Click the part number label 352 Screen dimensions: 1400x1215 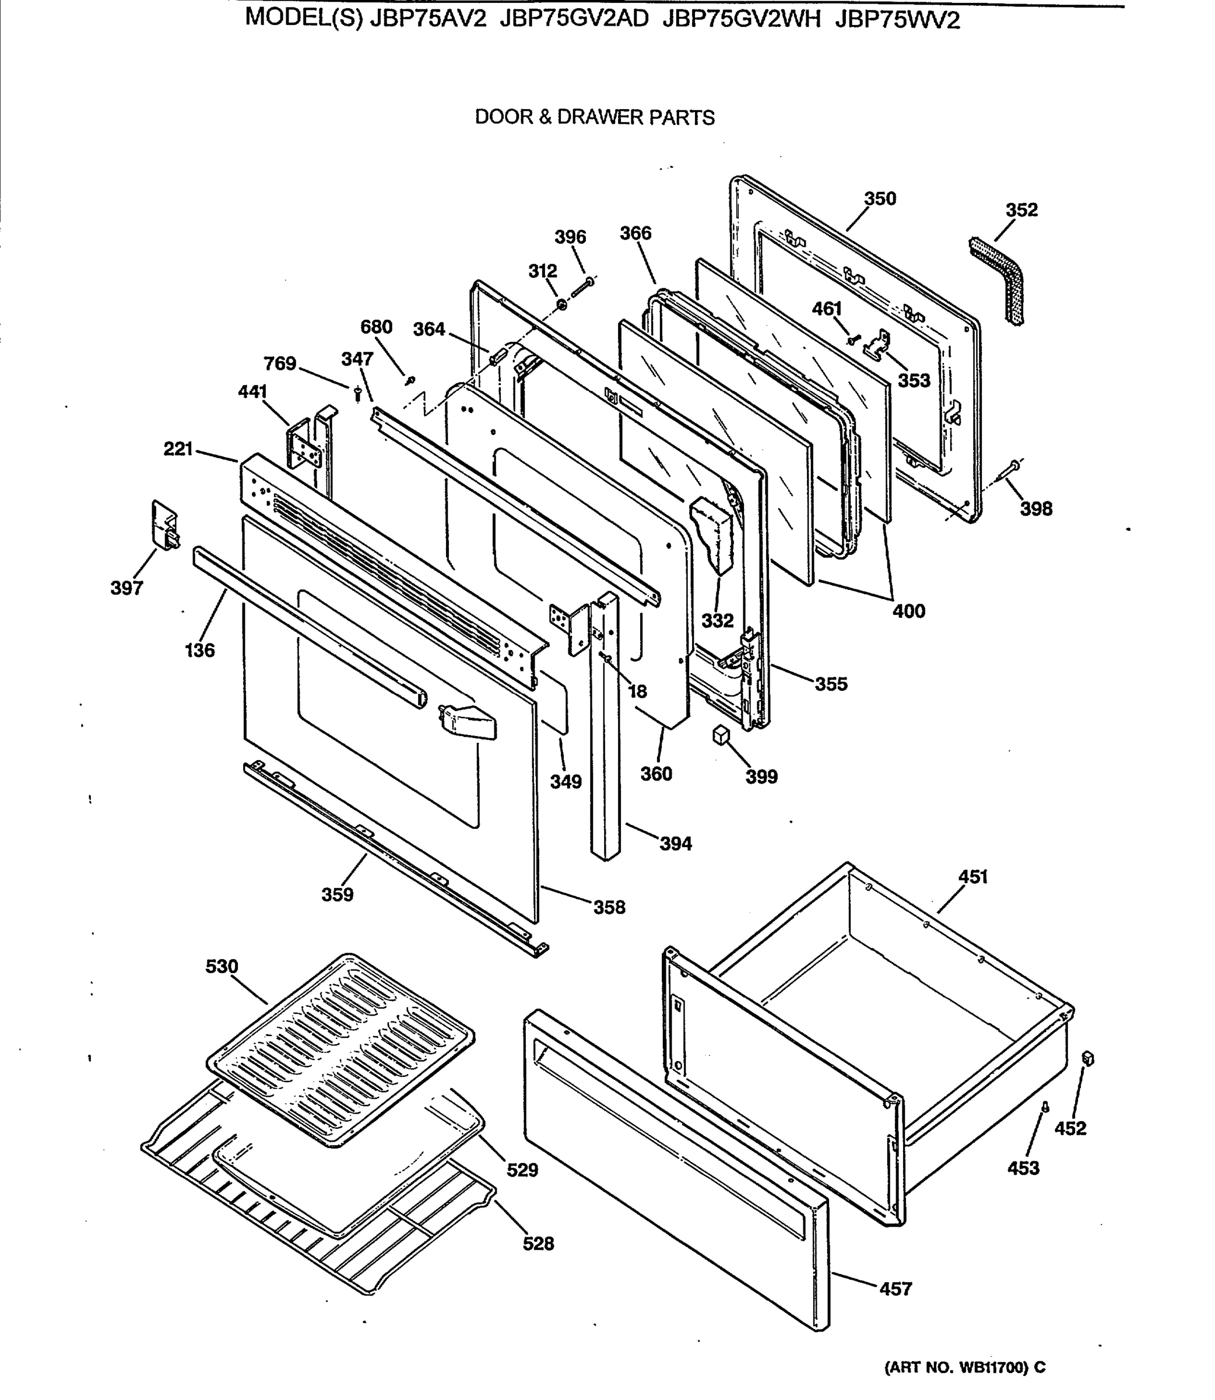tap(1021, 210)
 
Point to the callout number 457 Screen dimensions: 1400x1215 tap(896, 1289)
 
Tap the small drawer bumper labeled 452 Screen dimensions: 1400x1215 tap(1089, 1059)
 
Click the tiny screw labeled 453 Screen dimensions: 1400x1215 tap(1045, 1108)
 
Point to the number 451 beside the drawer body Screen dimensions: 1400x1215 tap(972, 877)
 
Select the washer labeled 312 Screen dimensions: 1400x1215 tap(562, 307)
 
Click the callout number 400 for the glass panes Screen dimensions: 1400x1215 tap(908, 611)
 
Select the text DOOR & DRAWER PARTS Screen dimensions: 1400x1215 tap(594, 117)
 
